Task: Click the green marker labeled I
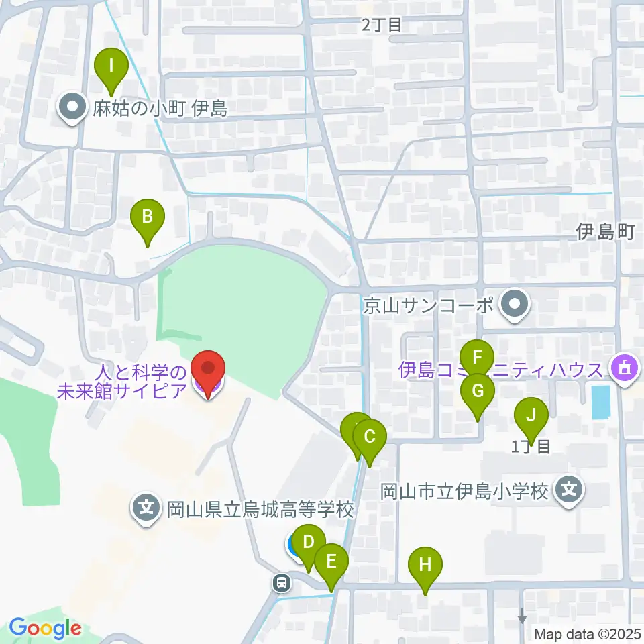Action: click(x=111, y=66)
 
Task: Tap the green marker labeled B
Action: click(x=148, y=217)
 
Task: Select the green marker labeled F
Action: click(x=477, y=357)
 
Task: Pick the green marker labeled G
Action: click(x=478, y=390)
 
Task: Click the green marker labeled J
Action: click(x=531, y=415)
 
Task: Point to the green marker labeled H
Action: click(x=425, y=564)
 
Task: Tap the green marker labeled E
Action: click(x=331, y=561)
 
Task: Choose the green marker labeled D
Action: click(x=309, y=542)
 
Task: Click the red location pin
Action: click(x=208, y=368)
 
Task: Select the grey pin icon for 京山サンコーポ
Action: click(x=515, y=306)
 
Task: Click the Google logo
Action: click(x=45, y=629)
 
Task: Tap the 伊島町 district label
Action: click(x=605, y=232)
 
